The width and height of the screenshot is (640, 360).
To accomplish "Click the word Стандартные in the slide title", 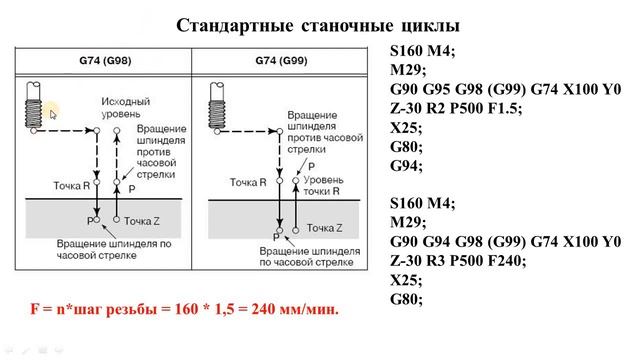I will point(230,24).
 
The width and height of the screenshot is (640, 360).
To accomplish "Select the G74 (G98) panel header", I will point(109,61).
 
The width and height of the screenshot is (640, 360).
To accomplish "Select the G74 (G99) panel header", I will point(284,61).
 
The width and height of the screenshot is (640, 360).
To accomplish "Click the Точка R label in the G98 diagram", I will point(72,186).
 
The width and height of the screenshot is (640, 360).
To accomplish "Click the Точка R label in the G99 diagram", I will point(247,183).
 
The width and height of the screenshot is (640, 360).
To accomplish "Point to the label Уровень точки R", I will point(335,183).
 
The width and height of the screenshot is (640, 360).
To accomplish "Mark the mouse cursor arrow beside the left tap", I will point(53,115).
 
